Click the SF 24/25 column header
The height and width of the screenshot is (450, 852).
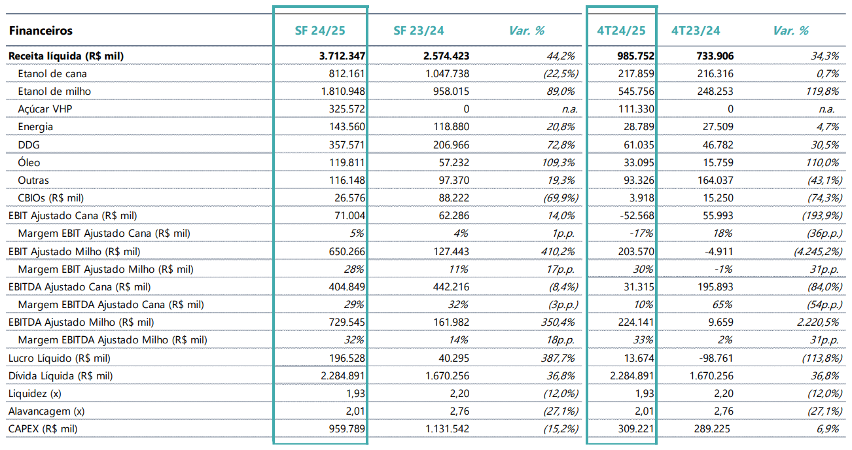tap(320, 30)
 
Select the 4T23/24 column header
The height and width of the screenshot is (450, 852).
tap(696, 30)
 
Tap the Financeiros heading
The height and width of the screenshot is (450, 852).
tap(41, 30)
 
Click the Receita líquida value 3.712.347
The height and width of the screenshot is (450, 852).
tap(342, 56)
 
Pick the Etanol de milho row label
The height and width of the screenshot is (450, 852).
tap(54, 91)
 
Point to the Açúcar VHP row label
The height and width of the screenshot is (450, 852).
tap(45, 109)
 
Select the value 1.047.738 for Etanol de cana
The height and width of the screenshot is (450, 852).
tap(448, 74)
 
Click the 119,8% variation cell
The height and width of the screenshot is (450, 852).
tap(822, 91)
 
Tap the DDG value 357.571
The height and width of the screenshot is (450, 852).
tap(347, 145)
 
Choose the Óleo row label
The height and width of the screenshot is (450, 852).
tap(29, 162)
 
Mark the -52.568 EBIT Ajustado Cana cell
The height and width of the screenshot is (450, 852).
tap(637, 215)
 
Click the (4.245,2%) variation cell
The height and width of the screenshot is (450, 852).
tap(818, 251)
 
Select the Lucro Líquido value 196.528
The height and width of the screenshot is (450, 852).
tap(347, 358)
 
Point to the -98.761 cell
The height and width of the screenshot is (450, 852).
tap(715, 358)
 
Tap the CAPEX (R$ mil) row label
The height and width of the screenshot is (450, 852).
tap(43, 428)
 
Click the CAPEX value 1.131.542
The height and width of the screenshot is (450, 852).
tap(448, 428)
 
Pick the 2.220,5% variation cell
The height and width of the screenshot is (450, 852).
tap(818, 322)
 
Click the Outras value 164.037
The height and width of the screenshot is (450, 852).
tap(715, 180)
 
